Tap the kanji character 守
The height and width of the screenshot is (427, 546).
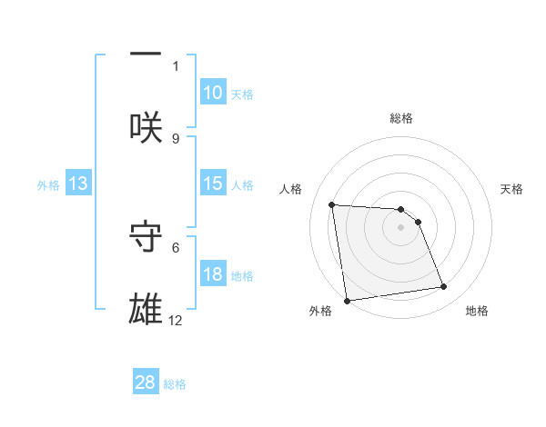pyautogui.click(x=146, y=234)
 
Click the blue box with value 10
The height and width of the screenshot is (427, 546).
pyautogui.click(x=213, y=92)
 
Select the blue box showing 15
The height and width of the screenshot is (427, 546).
pyautogui.click(x=213, y=184)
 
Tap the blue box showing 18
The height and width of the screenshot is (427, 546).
pyautogui.click(x=213, y=274)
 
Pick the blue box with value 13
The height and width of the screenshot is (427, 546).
pyautogui.click(x=78, y=184)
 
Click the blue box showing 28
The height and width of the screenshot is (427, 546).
pyautogui.click(x=146, y=382)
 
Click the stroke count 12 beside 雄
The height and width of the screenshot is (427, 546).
pyautogui.click(x=176, y=321)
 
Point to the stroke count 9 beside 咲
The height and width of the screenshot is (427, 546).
pyautogui.click(x=176, y=138)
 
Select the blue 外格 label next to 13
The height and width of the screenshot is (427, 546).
pyautogui.click(x=48, y=184)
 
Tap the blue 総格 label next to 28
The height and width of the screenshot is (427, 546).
pyautogui.click(x=175, y=383)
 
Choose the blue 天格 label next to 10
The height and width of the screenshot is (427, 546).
pyautogui.click(x=242, y=94)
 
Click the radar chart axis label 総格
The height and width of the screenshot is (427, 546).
pyautogui.click(x=401, y=118)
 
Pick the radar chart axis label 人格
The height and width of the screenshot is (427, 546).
pyautogui.click(x=291, y=189)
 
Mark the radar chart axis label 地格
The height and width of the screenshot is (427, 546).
pyautogui.click(x=477, y=311)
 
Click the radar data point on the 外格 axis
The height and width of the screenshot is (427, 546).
pyautogui.click(x=347, y=300)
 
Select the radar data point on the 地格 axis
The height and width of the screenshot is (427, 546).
pyautogui.click(x=444, y=287)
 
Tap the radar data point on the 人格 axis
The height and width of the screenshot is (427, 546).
pyautogui.click(x=332, y=204)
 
